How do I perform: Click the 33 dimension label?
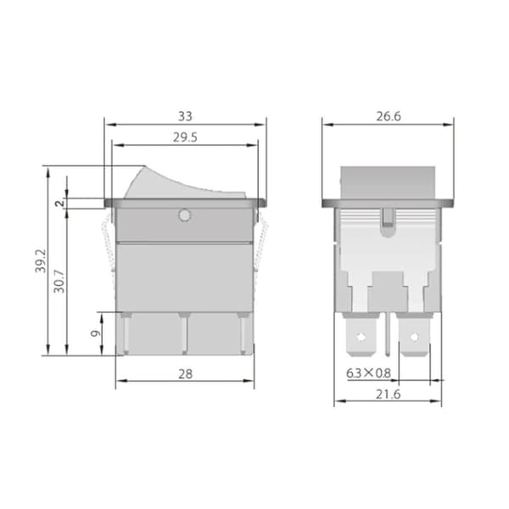click(x=185, y=116)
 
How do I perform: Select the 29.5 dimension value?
click(x=185, y=137)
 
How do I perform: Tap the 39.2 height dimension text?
click(x=41, y=261)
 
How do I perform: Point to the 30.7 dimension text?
click(x=59, y=282)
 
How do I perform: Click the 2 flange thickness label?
click(x=59, y=204)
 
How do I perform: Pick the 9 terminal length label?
click(x=95, y=333)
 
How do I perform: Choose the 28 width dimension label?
click(x=185, y=374)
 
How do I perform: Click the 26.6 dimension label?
click(x=389, y=116)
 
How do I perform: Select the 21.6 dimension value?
click(x=389, y=394)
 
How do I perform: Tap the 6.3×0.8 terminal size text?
click(x=368, y=373)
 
